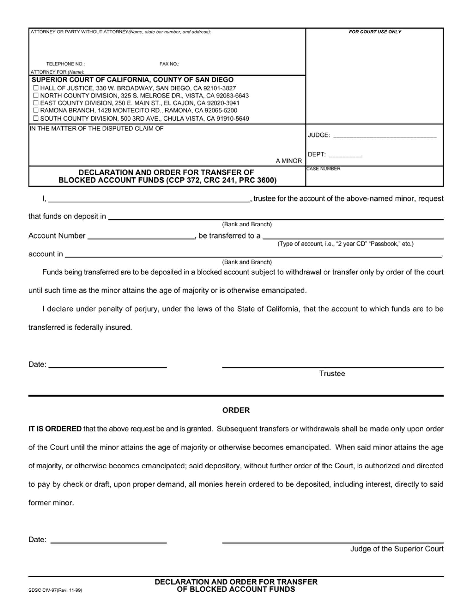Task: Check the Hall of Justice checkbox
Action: coord(36,88)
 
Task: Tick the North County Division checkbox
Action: coord(36,96)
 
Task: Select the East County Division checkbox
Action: coord(36,103)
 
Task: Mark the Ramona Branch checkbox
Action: coord(36,110)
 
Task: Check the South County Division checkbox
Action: coord(36,118)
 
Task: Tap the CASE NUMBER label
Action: coord(323,169)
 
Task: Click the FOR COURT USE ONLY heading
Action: coord(375,32)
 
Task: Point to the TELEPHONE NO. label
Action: coord(65,64)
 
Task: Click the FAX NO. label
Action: coord(169,64)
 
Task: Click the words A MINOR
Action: coord(288,161)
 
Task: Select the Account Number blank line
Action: coord(141,237)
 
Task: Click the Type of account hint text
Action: coord(345,244)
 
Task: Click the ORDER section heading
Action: coord(236,410)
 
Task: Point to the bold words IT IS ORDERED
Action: coord(55,429)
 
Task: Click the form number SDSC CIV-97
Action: coord(55,590)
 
